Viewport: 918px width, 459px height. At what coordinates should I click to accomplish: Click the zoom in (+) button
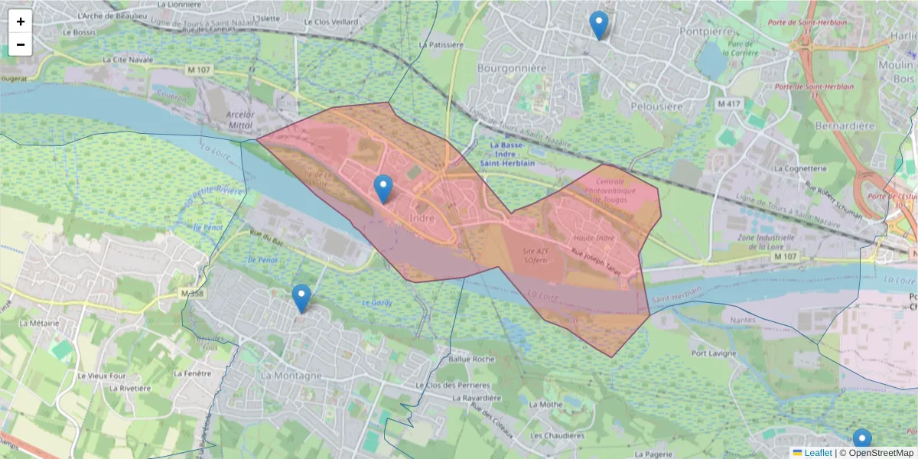tap(21, 21)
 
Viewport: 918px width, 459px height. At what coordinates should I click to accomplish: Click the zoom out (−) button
tap(21, 44)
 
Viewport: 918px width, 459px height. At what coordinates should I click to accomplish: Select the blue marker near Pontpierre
tap(599, 25)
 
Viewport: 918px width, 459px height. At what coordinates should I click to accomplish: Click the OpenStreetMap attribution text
tap(880, 453)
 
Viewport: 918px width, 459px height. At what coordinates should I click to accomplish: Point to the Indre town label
tap(422, 218)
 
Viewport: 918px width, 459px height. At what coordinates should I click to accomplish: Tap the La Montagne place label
tap(291, 376)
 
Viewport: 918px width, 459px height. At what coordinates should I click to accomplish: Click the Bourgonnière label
tap(512, 68)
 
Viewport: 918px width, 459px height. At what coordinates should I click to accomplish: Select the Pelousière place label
tap(656, 106)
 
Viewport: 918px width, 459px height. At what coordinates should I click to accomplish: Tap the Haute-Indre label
tap(594, 238)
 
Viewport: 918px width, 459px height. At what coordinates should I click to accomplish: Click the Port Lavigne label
tap(714, 353)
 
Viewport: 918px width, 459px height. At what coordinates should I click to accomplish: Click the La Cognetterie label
tap(800, 168)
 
